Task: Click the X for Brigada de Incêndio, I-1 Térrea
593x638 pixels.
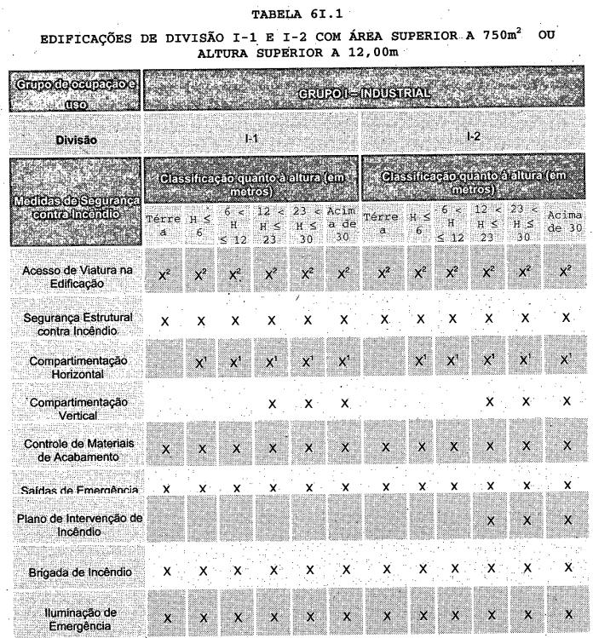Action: click(166, 568)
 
